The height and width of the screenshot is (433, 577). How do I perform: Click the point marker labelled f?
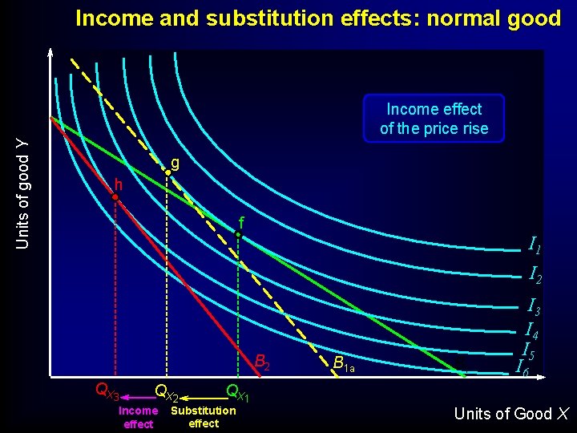(238, 234)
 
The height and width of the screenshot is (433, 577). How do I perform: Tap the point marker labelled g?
(167, 171)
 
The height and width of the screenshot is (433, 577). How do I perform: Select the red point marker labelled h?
(115, 196)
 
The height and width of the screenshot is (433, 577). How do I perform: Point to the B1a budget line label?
(343, 366)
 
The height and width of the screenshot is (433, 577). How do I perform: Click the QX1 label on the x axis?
(239, 393)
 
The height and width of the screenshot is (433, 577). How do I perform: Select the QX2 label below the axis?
(166, 393)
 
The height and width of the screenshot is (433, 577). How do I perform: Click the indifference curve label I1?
(535, 245)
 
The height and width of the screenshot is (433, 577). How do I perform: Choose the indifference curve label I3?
(533, 306)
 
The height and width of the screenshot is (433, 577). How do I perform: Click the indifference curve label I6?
(522, 367)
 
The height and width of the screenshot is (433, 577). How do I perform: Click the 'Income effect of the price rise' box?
(434, 119)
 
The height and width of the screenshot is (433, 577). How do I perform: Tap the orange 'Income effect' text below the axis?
(138, 417)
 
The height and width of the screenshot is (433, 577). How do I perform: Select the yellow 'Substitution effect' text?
(204, 417)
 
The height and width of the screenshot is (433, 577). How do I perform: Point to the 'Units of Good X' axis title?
(511, 414)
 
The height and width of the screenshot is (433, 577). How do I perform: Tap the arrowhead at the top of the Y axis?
(50, 54)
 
